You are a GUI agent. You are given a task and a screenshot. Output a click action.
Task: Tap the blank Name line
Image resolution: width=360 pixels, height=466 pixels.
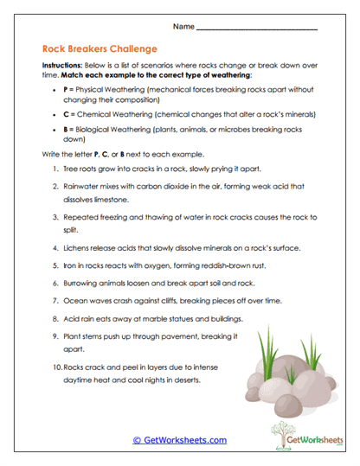pos(257,29)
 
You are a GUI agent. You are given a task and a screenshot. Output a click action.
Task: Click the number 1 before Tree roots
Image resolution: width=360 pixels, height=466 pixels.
pos(55,169)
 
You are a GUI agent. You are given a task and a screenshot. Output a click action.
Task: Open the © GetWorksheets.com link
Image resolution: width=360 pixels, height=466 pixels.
pos(179,440)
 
